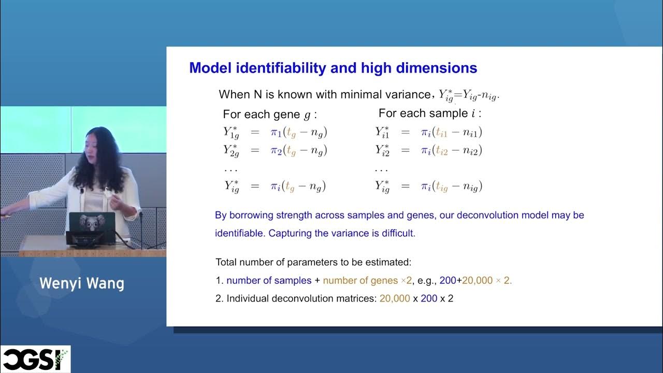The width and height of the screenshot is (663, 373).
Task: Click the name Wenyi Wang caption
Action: [82, 283]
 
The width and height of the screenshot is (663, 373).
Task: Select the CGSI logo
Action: [35, 359]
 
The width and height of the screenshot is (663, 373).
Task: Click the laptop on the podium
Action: [91, 227]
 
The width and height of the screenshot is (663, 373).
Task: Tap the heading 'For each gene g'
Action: [269, 114]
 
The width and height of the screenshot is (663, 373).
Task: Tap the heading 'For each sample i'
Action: [429, 113]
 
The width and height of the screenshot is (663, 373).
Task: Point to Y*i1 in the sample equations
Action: [382, 132]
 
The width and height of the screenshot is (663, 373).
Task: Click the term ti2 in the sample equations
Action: [441, 151]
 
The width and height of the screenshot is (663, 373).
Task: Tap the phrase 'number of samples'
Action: [269, 280]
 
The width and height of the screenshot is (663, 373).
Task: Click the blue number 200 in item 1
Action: [448, 280]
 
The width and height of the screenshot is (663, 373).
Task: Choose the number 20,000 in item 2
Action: [395, 299]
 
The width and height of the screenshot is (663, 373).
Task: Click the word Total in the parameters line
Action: [226, 262]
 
